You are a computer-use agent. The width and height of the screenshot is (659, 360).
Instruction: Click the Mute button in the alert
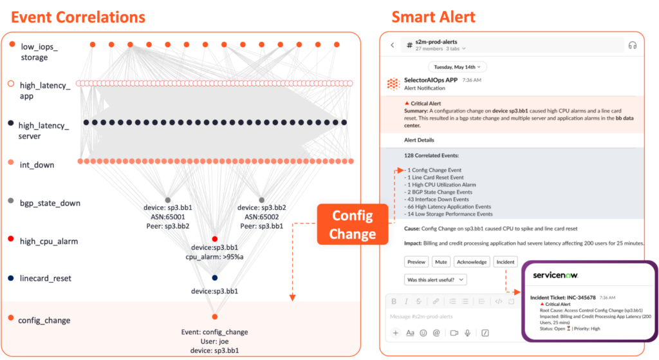click(x=440, y=262)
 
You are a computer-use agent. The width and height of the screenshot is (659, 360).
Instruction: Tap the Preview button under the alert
click(x=416, y=262)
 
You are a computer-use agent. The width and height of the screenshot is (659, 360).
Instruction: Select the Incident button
click(x=505, y=262)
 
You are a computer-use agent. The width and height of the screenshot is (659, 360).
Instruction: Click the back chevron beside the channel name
click(x=392, y=45)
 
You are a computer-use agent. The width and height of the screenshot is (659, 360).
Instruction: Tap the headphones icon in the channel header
click(x=632, y=45)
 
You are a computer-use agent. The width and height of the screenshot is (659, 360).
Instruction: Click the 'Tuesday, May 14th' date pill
click(x=458, y=66)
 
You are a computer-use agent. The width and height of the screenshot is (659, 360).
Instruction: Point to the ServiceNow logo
click(x=555, y=275)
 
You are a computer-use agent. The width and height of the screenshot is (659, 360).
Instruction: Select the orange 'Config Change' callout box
click(x=352, y=224)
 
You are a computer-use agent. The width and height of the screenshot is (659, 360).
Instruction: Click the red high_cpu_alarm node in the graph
click(x=215, y=239)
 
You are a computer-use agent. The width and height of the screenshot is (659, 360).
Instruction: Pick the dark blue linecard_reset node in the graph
click(x=215, y=278)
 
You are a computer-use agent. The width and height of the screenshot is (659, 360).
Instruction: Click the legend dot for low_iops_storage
click(x=11, y=45)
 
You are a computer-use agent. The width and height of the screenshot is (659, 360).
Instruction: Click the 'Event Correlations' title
click(x=79, y=15)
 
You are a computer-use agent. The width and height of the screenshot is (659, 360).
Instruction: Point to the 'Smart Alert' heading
click(x=434, y=15)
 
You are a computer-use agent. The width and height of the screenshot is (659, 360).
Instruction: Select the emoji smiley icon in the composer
click(x=423, y=333)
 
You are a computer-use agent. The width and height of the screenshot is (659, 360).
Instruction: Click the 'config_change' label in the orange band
click(x=44, y=320)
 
